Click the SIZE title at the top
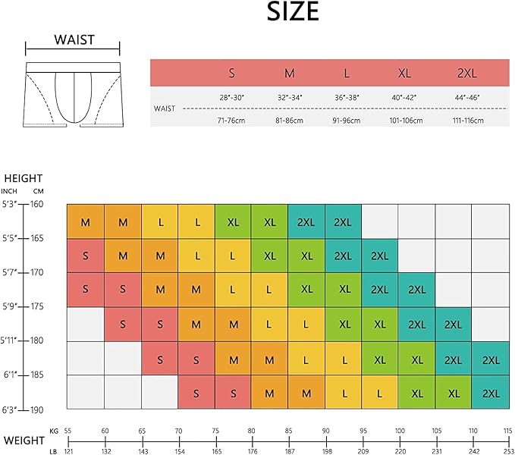coord(292,12)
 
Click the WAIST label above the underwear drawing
coord(74,40)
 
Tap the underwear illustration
coord(73,95)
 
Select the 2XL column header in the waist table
coord(466,74)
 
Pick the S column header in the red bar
coord(232,74)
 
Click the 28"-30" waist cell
coord(231,98)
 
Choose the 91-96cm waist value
coord(347,121)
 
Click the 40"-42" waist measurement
coord(404,98)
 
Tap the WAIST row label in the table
coord(165,108)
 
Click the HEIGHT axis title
coord(24,178)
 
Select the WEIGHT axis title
coord(24,441)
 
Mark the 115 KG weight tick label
coord(507,431)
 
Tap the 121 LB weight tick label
coord(68,451)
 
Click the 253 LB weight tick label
coord(507,451)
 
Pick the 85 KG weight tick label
coord(288,431)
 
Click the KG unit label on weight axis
coord(53,431)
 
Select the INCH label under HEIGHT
coord(9,190)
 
